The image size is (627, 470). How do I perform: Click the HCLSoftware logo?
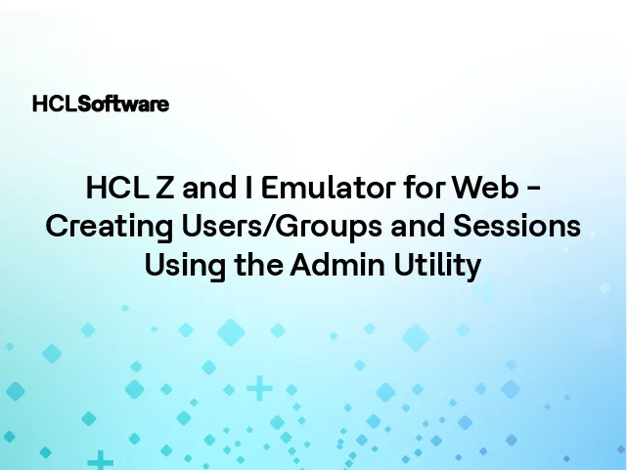click(x=100, y=104)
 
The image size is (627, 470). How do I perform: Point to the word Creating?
click(x=95, y=226)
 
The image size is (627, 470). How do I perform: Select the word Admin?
click(x=323, y=265)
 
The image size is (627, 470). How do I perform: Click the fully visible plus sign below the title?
click(x=259, y=389)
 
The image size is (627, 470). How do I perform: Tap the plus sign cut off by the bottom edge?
click(x=100, y=461)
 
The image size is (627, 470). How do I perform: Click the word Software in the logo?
click(x=123, y=104)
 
